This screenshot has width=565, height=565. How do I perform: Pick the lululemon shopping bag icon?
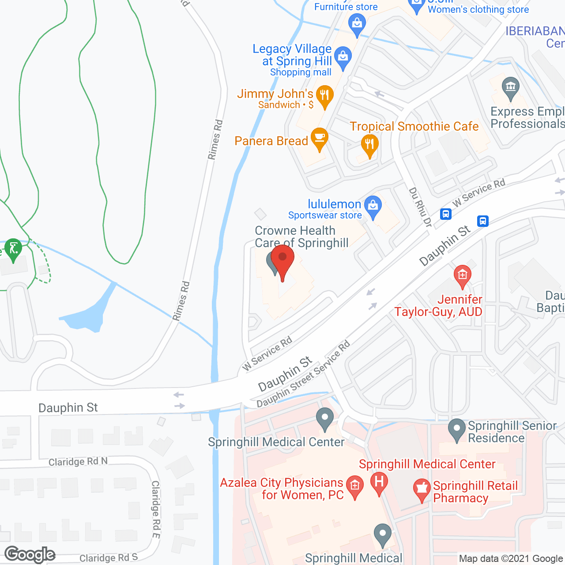tap(373, 206)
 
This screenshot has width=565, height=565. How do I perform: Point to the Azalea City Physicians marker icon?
tap(355, 486)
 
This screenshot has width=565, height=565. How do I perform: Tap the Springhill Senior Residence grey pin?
tap(457, 429)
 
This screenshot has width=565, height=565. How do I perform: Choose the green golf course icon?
tap(13, 249)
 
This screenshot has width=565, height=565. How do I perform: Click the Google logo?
tap(30, 554)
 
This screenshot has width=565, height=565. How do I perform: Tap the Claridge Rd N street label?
tap(78, 462)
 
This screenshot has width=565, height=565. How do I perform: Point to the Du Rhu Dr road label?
tap(420, 207)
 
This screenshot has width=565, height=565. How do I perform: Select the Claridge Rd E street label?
tap(156, 509)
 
